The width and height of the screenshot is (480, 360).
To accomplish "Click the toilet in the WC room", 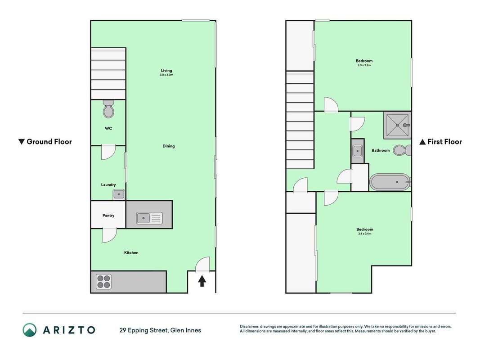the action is coord(108,109).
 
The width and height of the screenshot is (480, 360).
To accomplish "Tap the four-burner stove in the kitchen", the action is coord(103,282).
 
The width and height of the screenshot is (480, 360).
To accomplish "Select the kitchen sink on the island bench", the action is coord(149,218).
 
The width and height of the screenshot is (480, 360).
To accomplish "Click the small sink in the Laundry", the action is coord(118,194).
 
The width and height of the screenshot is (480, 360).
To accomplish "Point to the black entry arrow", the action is coord(202,281).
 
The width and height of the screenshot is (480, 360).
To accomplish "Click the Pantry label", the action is coord(108,216).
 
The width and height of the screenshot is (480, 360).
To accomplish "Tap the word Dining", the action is coord(169,146).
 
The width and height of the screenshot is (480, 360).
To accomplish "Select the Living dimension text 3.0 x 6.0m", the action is coord(166,75).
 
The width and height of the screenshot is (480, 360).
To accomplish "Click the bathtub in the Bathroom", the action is coord(390,182).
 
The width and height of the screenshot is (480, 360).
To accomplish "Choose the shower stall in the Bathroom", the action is coord(397,125).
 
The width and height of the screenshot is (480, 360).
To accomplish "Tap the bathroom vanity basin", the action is coord(358,151).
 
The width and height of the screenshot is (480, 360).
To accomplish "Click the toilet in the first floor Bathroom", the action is coord(402,150).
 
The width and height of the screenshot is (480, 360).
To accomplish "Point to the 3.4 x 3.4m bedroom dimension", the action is coord(364,234).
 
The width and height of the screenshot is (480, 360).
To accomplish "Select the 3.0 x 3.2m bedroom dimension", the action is coord(364,65).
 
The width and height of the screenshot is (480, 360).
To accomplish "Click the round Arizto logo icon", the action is coord(30,330).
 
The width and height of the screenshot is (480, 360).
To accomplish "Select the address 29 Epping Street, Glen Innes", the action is coord(160,330).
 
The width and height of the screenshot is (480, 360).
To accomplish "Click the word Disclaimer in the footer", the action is coord(249,326).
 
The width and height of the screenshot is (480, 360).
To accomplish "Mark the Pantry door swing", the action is coord(109,235).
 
